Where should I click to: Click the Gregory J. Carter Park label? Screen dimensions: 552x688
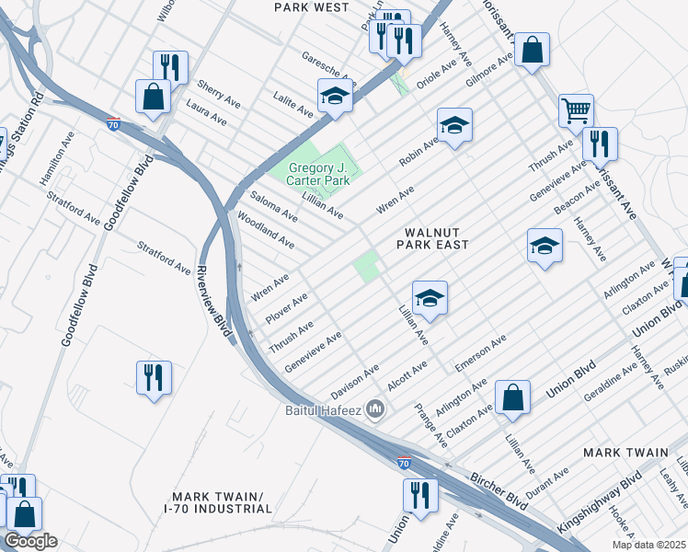point(320,175)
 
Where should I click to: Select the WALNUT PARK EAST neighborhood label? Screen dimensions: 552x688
point(432,238)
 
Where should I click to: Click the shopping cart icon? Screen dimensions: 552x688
point(576,110)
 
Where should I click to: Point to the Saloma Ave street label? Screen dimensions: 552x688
point(274,209)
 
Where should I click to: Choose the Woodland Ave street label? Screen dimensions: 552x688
point(266,230)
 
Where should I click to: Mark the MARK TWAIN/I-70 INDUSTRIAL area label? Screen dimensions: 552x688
point(217,501)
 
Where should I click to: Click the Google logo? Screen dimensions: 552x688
point(30,541)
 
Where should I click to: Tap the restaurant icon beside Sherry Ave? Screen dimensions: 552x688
point(170,66)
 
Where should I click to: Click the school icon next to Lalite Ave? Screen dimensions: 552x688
point(336,96)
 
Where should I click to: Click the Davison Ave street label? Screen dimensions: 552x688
point(356,380)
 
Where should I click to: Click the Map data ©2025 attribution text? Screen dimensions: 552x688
point(648,545)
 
